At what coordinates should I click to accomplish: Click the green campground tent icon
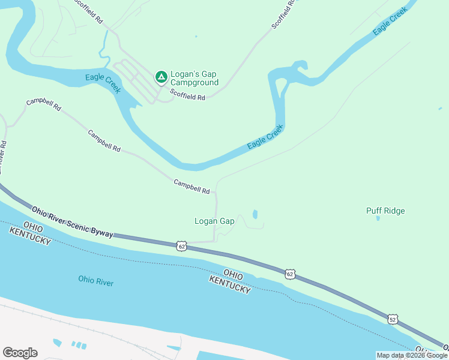(161, 76)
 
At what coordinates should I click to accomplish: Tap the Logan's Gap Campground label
(194, 79)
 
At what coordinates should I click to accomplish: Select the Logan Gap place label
(214, 221)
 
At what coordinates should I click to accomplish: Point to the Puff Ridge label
(385, 211)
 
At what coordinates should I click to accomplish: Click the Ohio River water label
(95, 280)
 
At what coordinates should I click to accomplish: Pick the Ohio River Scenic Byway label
(72, 221)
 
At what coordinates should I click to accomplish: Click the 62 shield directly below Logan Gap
(182, 245)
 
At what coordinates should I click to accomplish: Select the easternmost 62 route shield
(291, 274)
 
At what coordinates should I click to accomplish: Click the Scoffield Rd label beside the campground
(187, 95)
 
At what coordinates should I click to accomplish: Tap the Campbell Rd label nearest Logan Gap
(191, 186)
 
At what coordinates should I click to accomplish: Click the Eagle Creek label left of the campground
(103, 82)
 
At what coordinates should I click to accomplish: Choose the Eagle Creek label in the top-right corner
(390, 20)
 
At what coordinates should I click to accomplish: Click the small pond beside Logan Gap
(255, 214)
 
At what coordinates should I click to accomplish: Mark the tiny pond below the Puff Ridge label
(378, 218)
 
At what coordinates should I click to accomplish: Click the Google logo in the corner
(20, 353)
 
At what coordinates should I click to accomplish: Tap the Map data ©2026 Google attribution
(412, 355)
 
